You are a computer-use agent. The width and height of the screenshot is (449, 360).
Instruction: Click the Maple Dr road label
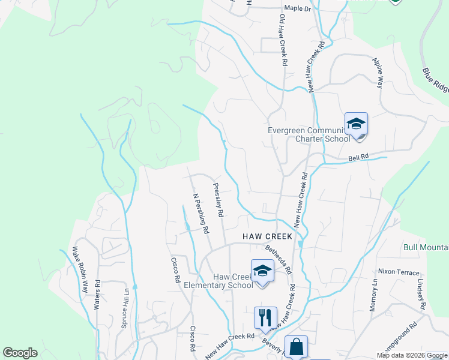tap(297, 8)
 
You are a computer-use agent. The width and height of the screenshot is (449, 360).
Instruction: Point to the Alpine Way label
tap(378, 73)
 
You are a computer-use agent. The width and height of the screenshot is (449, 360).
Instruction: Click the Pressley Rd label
tap(218, 200)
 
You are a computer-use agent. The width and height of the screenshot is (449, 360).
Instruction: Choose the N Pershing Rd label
tap(200, 213)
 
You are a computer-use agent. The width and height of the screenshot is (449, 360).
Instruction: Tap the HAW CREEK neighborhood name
tap(267, 236)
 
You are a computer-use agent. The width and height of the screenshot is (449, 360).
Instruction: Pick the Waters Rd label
tap(97, 294)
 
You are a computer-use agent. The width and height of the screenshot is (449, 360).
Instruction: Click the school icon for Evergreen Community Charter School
tap(356, 124)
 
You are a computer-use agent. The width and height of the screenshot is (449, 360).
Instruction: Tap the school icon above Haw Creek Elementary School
tap(262, 271)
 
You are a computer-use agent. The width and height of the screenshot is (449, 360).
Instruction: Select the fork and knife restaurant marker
tap(265, 317)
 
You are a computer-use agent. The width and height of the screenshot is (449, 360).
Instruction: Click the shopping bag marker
tap(296, 346)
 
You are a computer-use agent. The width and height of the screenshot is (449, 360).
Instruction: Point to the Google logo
tap(20, 353)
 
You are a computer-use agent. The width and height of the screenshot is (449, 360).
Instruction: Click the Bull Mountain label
tap(426, 248)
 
